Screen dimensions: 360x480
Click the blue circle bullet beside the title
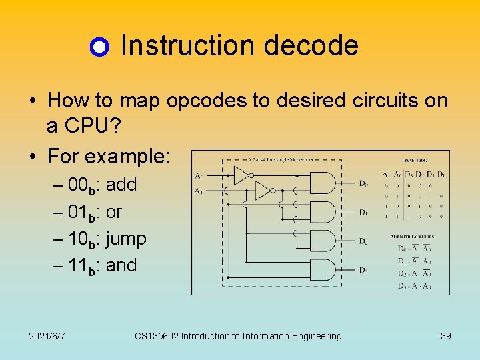[99, 47]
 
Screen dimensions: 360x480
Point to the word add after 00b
[121, 185]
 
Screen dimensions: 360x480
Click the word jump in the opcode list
[126, 238]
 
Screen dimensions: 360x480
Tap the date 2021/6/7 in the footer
[47, 336]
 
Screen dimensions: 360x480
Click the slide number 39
[446, 336]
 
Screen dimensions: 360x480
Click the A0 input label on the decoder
[199, 176]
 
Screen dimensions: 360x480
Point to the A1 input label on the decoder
[199, 191]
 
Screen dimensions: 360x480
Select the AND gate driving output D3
[323, 269]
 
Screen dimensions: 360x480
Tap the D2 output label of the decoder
[363, 241]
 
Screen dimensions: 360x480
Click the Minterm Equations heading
[413, 237]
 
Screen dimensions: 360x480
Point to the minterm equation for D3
[415, 286]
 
